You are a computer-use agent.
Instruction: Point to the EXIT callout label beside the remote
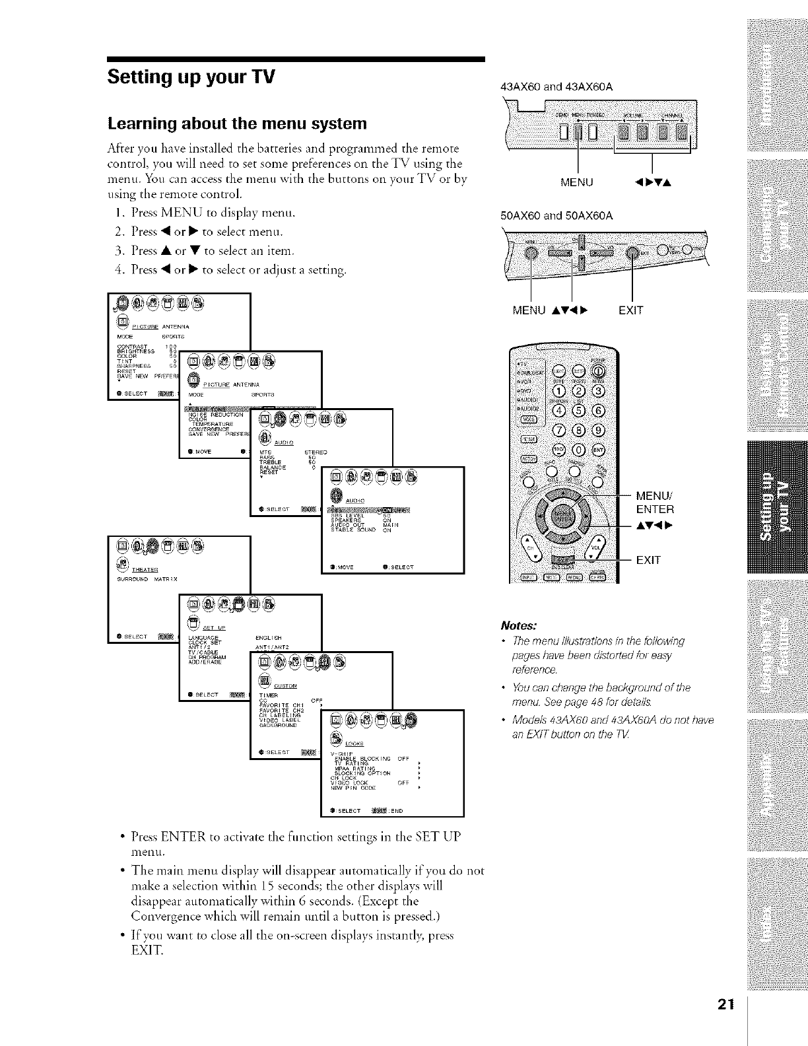(x=648, y=561)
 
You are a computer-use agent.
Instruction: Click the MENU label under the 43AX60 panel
(x=577, y=182)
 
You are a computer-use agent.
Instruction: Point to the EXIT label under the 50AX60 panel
(x=631, y=310)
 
